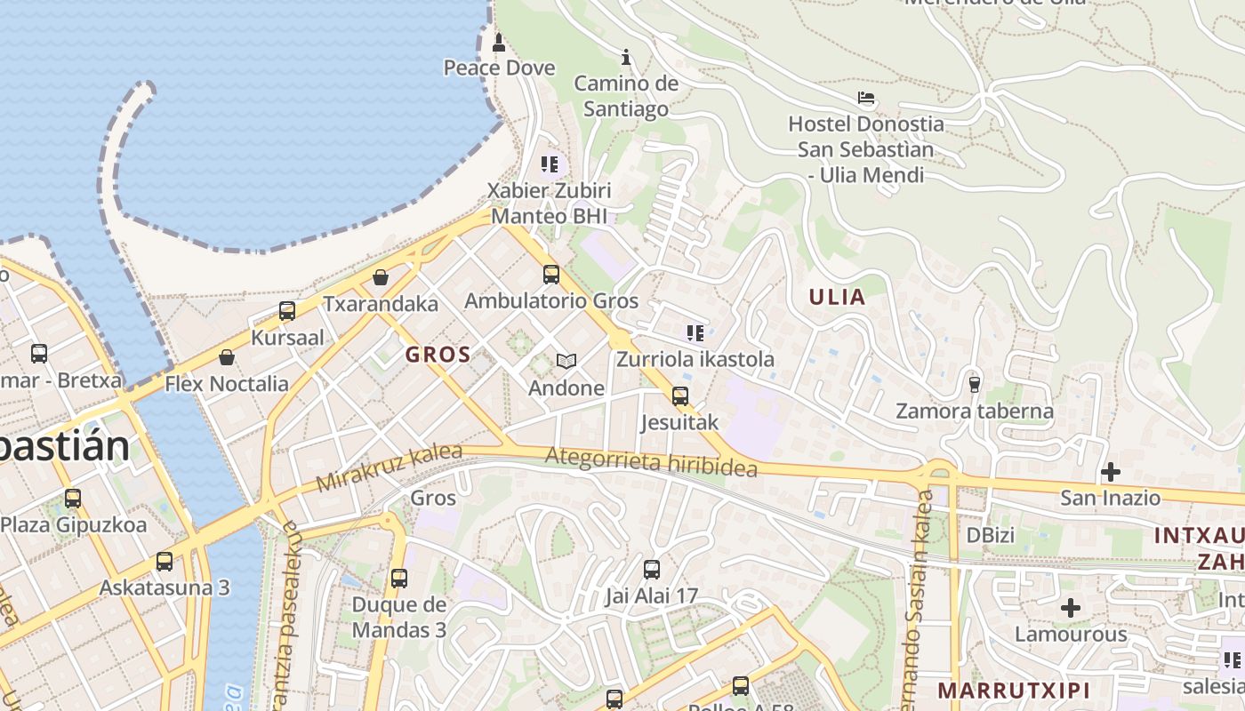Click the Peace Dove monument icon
(498, 41)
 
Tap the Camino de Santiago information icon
(626, 58)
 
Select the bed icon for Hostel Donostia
(866, 98)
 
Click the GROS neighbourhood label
(438, 355)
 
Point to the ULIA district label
(837, 297)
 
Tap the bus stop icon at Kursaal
(287, 311)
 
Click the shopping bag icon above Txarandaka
(381, 277)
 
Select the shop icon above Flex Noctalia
(227, 357)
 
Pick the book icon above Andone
(566, 361)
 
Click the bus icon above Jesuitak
(680, 395)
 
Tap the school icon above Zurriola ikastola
(695, 333)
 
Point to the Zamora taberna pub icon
(974, 385)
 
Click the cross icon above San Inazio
(1110, 472)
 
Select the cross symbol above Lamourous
(1071, 608)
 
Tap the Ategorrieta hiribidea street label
(651, 462)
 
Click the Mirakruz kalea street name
(390, 467)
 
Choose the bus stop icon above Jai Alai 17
(652, 570)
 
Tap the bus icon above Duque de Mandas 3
(399, 579)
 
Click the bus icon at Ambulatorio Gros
(551, 274)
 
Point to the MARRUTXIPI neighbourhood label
(1014, 690)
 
